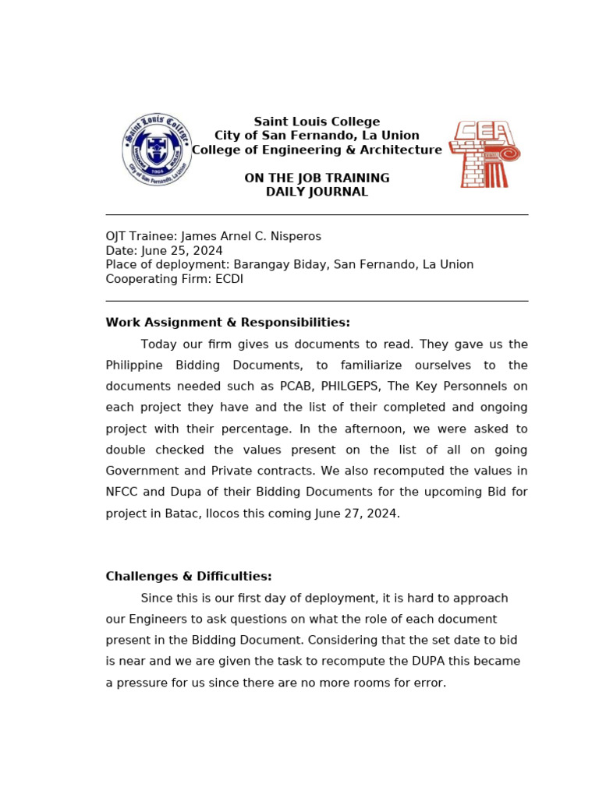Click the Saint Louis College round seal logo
click(157, 149)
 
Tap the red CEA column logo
click(485, 154)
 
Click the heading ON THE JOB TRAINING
click(317, 178)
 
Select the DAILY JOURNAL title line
click(317, 192)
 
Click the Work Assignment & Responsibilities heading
click(228, 323)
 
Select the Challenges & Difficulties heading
click(189, 577)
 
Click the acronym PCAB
click(296, 387)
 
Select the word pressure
click(144, 683)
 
